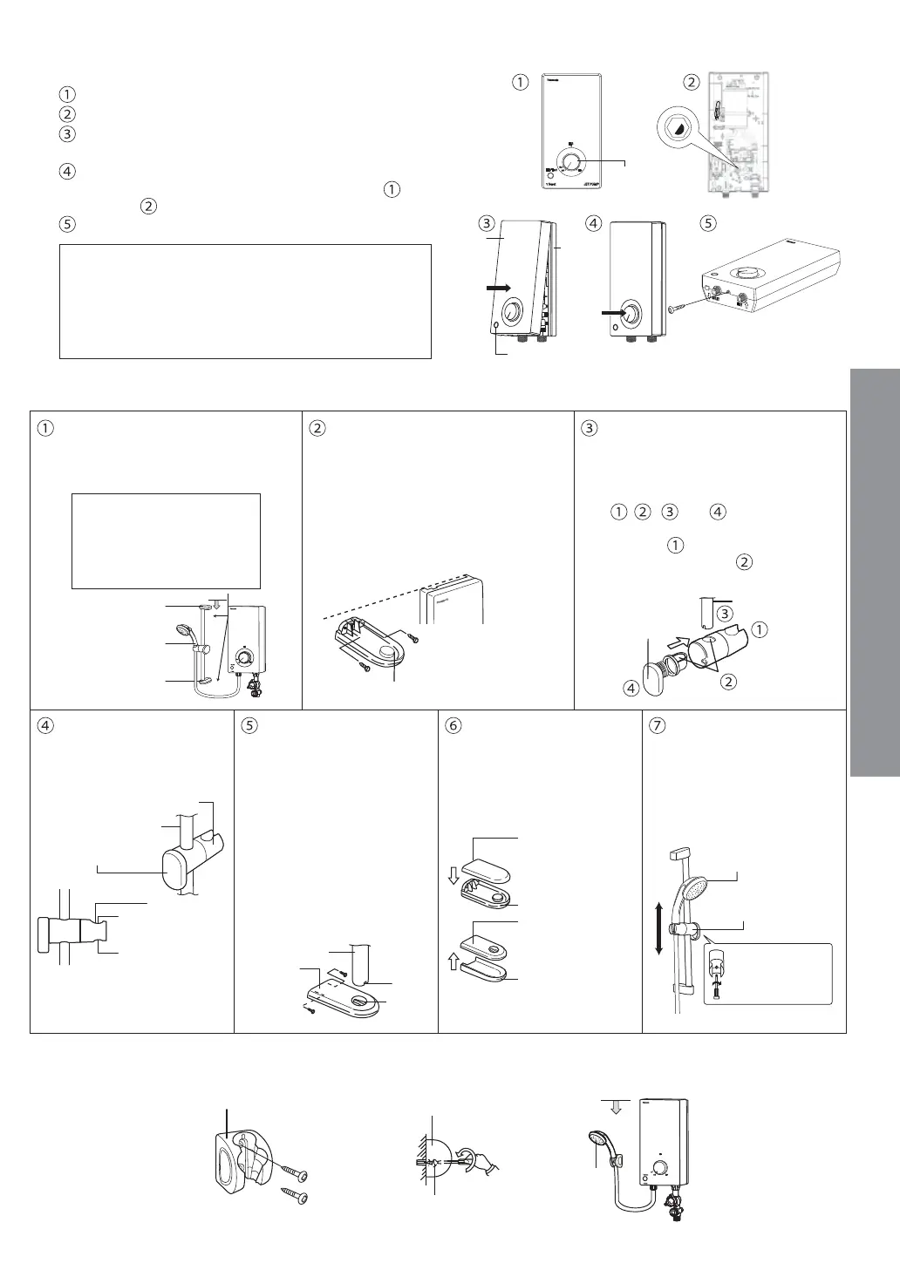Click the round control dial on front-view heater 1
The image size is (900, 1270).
(571, 163)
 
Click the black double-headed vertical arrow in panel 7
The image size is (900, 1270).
(659, 929)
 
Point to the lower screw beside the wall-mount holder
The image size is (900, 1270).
(293, 1196)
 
